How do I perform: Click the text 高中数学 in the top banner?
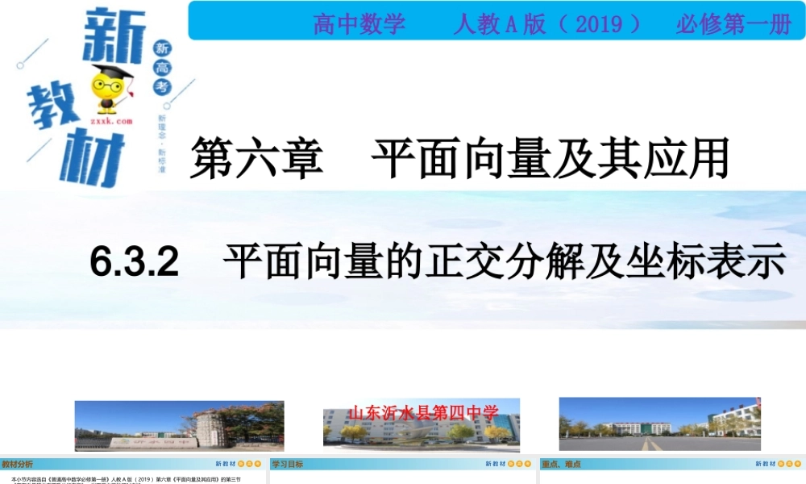click(359, 24)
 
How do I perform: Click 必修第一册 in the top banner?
click(733, 24)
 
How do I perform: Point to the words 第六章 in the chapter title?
click(256, 156)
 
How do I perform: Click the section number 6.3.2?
click(135, 263)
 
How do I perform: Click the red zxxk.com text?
click(111, 120)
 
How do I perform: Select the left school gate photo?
click(179, 426)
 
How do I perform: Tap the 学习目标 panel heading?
click(288, 464)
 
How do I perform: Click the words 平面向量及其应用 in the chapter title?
click(550, 156)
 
